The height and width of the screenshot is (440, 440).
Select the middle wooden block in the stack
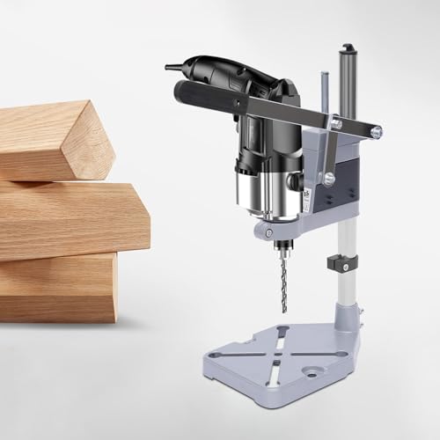70,220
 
